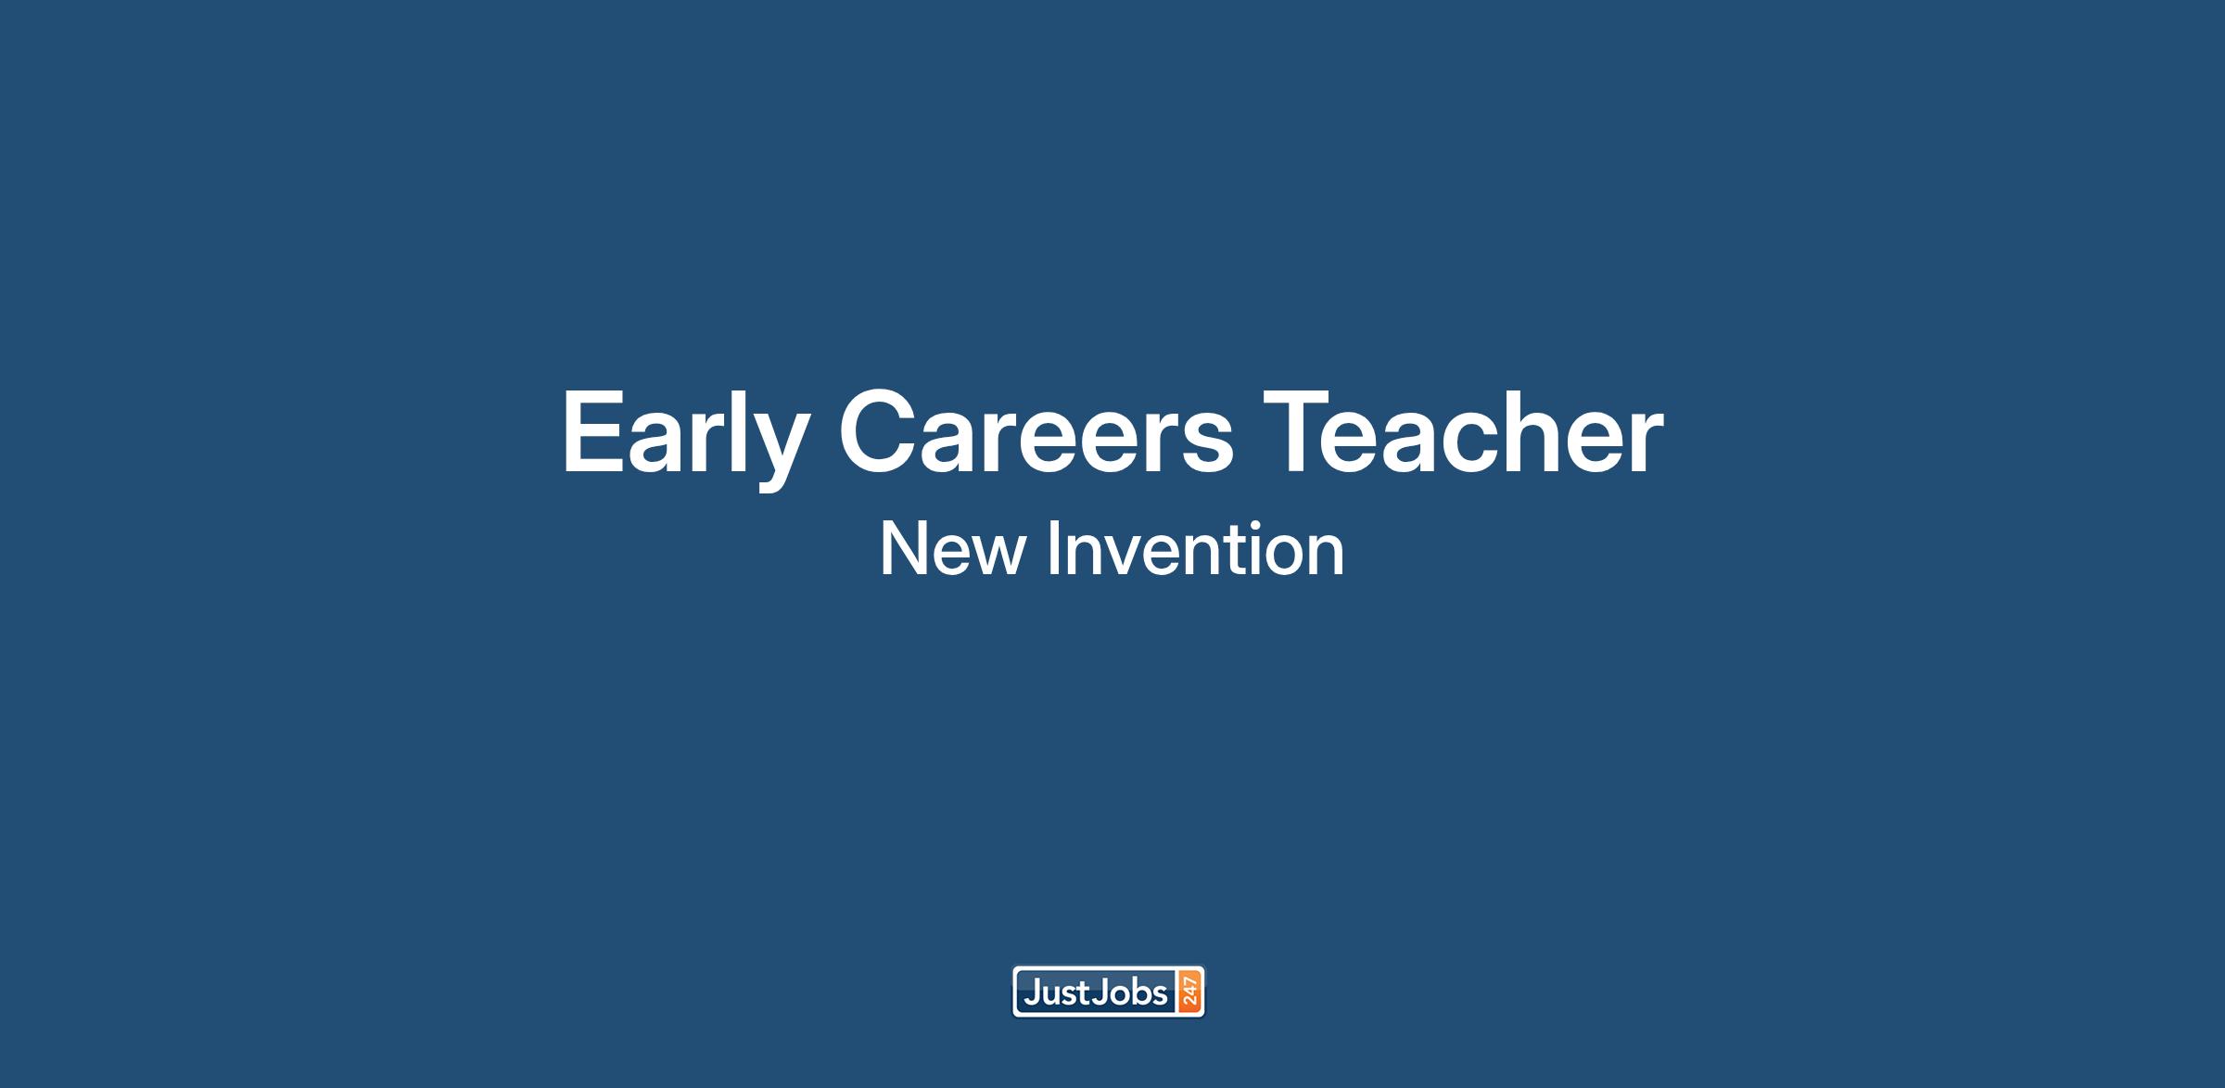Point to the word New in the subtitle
pos(952,549)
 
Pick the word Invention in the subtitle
pos(1196,549)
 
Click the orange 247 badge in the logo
pos(1189,992)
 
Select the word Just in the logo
pos(1056,993)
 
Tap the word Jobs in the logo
pos(1130,993)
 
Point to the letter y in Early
pos(771,452)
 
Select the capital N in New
pos(902,549)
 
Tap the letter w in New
pos(998,557)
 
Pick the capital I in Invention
pos(1054,549)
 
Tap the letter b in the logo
pos(1139,993)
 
